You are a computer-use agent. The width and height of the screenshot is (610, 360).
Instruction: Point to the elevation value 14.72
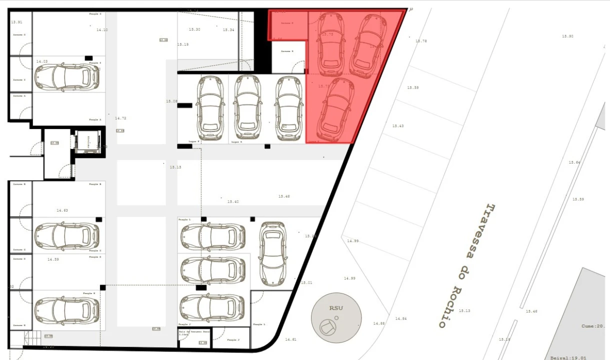(x=120, y=118)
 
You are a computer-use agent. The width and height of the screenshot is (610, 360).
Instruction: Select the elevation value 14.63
(x=62, y=210)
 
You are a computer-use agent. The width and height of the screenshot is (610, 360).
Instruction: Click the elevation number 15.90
(x=567, y=36)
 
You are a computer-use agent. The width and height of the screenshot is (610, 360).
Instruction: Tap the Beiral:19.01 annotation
(x=568, y=357)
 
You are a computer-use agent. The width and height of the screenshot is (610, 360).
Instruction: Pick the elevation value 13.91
(x=17, y=22)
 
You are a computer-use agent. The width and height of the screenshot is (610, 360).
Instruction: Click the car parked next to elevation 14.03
(x=66, y=77)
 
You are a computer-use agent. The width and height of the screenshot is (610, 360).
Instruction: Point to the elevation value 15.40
(x=233, y=202)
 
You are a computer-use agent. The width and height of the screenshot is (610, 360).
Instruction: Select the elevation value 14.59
(x=53, y=259)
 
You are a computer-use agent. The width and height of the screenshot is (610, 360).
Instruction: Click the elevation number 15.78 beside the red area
(x=421, y=41)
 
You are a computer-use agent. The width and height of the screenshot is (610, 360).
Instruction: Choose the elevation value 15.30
(x=194, y=30)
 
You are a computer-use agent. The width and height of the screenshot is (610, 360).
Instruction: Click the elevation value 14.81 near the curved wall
(x=290, y=339)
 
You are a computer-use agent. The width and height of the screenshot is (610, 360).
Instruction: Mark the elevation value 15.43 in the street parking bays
(x=397, y=126)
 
